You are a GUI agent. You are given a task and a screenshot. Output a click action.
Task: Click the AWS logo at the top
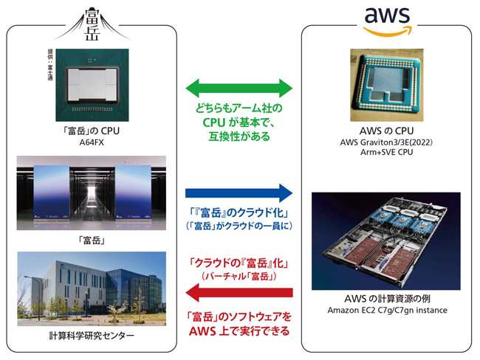387,22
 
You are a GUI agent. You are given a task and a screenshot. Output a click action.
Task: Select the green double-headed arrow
239,89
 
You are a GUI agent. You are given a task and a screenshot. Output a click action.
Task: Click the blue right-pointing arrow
239,193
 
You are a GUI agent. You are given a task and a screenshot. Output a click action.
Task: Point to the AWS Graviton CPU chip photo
386,83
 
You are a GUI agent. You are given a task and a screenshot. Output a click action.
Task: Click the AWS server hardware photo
386,241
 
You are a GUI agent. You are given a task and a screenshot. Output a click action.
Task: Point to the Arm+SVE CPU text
386,152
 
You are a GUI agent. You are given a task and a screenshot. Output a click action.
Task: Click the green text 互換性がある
239,136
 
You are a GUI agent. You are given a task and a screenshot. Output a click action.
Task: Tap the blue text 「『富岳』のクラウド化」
239,213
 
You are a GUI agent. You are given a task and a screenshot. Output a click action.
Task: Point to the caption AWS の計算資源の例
386,299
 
